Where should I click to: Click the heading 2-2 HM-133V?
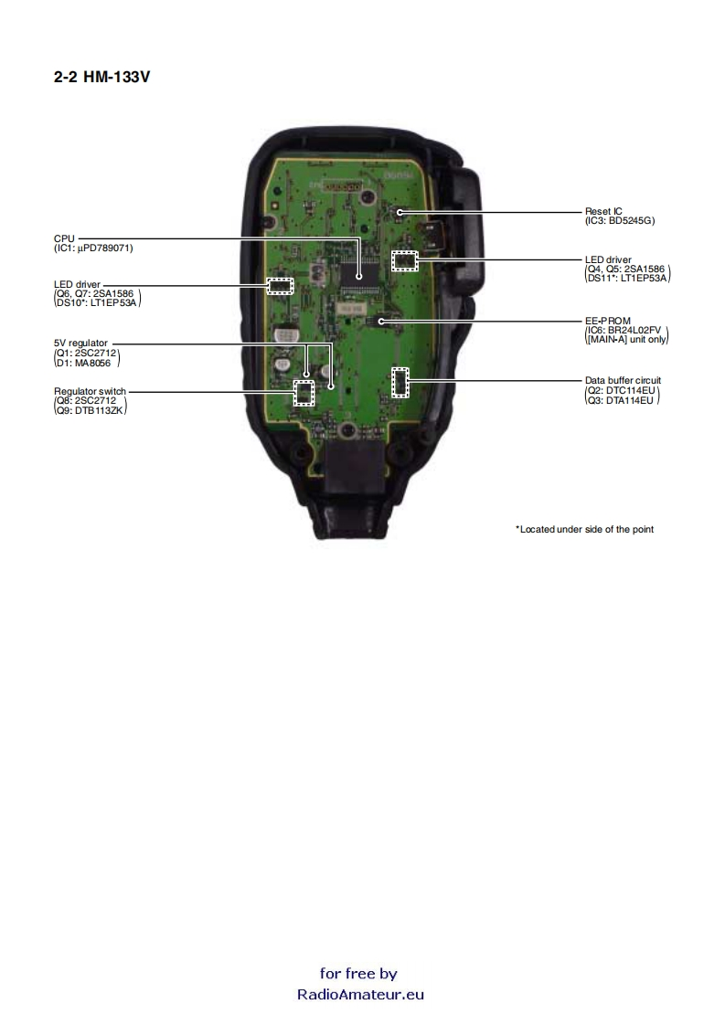pyautogui.click(x=101, y=78)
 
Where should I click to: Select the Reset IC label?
pyautogui.click(x=603, y=211)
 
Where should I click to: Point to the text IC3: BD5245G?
pyautogui.click(x=621, y=220)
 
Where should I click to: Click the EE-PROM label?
pyautogui.click(x=607, y=321)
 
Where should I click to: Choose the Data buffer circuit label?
pyautogui.click(x=623, y=380)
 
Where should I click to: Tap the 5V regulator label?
pyautogui.click(x=80, y=343)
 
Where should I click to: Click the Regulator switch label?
pyautogui.click(x=90, y=391)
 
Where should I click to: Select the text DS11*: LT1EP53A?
pyautogui.click(x=627, y=277)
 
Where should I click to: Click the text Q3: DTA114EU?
pyautogui.click(x=622, y=400)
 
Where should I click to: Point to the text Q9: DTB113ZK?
pyautogui.click(x=91, y=410)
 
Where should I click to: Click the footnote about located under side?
pyautogui.click(x=585, y=529)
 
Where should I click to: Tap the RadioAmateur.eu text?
pyautogui.click(x=360, y=995)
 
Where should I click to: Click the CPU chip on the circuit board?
pyautogui.click(x=358, y=271)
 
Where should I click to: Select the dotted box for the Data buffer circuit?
pyautogui.click(x=400, y=382)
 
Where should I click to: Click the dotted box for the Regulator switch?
pyautogui.click(x=303, y=393)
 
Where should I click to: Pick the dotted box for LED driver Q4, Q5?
pyautogui.click(x=403, y=260)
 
